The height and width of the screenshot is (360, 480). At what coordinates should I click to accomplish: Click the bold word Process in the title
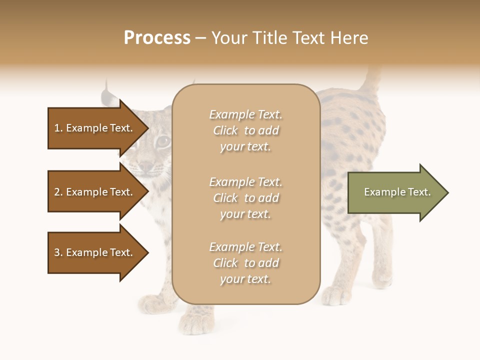157,38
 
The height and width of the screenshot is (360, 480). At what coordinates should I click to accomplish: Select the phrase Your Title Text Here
289,38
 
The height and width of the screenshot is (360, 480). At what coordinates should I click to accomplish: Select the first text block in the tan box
245,130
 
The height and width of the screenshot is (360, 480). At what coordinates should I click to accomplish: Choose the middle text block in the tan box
245,197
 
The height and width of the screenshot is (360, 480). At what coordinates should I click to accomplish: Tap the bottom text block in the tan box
245,263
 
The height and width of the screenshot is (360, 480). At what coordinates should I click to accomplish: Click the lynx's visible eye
163,142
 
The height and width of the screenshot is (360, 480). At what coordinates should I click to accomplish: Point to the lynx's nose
145,166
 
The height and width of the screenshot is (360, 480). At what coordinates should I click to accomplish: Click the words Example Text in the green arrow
397,192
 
